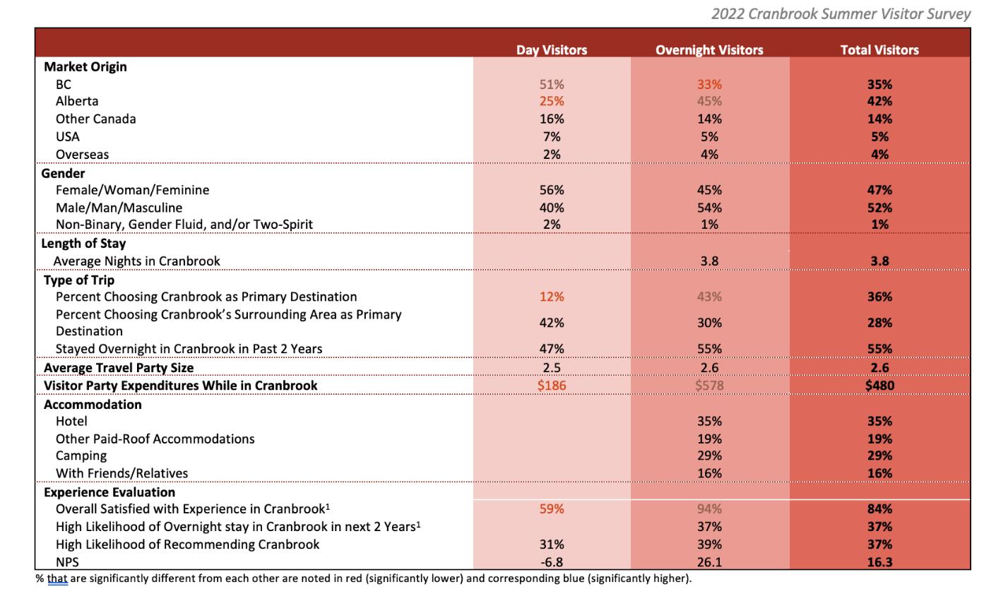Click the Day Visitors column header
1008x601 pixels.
[x=551, y=50]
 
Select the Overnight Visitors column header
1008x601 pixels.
[x=709, y=50]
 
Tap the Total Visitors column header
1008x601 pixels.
[x=879, y=50]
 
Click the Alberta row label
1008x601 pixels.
[x=77, y=101]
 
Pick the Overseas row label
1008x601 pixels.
[x=82, y=154]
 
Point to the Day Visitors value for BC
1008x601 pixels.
[x=551, y=84]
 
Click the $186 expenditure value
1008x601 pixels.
[x=551, y=386]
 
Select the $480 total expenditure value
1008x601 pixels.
[x=879, y=386]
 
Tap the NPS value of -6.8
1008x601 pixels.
[x=551, y=562]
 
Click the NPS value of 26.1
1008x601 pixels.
[x=709, y=562]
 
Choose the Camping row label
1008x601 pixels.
[x=81, y=456]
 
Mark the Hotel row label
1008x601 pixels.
[x=71, y=421]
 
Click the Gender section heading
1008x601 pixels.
[x=64, y=173]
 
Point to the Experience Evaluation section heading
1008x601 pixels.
[x=109, y=492]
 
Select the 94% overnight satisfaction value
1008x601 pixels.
[x=709, y=509]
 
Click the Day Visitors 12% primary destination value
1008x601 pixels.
[x=551, y=297]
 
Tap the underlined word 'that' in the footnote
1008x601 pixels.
[x=57, y=579]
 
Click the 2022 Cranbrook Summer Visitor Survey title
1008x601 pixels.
[x=841, y=13]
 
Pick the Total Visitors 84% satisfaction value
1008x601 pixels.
[x=879, y=509]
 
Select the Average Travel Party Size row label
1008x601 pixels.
[x=119, y=368]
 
